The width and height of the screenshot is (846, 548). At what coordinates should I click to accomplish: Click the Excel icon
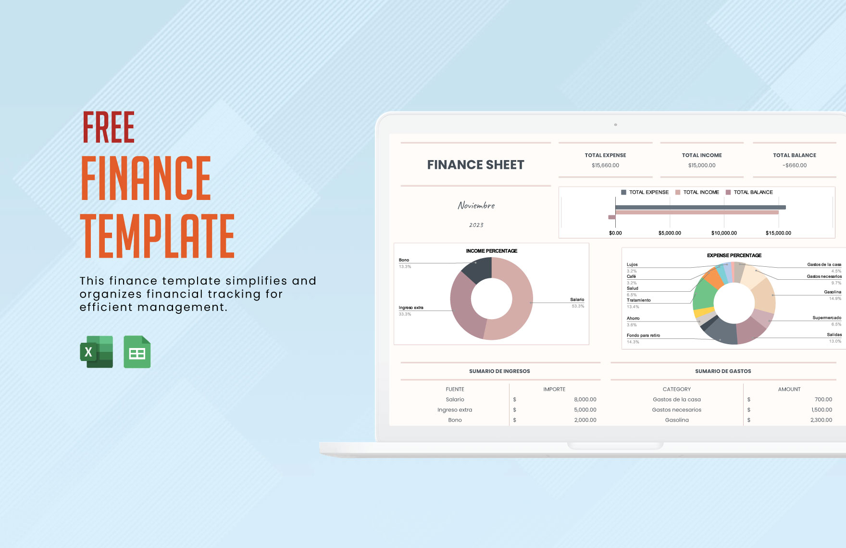point(97,352)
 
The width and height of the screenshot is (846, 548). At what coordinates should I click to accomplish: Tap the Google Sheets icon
point(137,352)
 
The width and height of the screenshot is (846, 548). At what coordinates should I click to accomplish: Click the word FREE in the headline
point(109,127)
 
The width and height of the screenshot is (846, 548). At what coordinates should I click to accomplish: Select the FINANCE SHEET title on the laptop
point(475,165)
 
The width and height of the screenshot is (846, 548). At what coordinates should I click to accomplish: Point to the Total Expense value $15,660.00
point(605,165)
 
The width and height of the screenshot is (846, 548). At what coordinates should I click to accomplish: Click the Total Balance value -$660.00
point(795,165)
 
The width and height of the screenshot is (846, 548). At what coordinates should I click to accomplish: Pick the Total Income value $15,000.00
point(702,165)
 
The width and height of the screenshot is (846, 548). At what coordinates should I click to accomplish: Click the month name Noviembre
point(476,205)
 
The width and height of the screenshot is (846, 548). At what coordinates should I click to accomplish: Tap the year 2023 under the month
point(476,225)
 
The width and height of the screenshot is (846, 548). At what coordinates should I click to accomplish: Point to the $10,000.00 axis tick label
point(724,233)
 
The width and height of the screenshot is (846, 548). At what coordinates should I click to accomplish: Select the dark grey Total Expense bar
point(700,208)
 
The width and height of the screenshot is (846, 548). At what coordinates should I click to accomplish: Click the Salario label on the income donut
point(577,299)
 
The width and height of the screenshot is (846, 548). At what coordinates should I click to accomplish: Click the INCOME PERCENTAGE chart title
point(492,251)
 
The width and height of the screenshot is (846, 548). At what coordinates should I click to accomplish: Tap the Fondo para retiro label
point(643,336)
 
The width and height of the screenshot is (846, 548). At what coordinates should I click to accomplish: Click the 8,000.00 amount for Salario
point(585,399)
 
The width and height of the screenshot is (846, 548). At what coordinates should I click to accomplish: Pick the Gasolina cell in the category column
point(677,420)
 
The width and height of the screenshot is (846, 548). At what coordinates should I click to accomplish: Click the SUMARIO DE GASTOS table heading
point(723,371)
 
